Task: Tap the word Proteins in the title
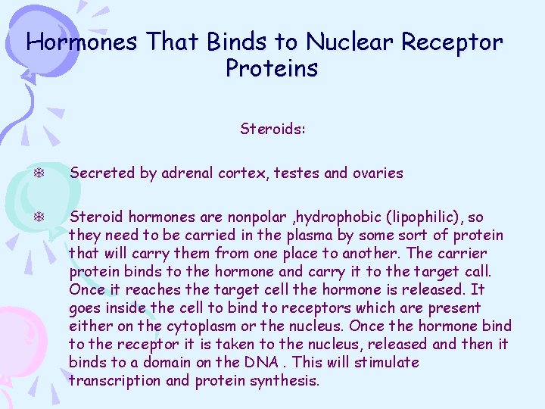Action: coord(272,68)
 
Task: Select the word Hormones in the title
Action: coord(82,42)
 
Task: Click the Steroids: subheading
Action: coord(272,129)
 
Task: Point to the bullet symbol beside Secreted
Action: coord(37,173)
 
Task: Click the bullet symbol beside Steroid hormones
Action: coord(37,217)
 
